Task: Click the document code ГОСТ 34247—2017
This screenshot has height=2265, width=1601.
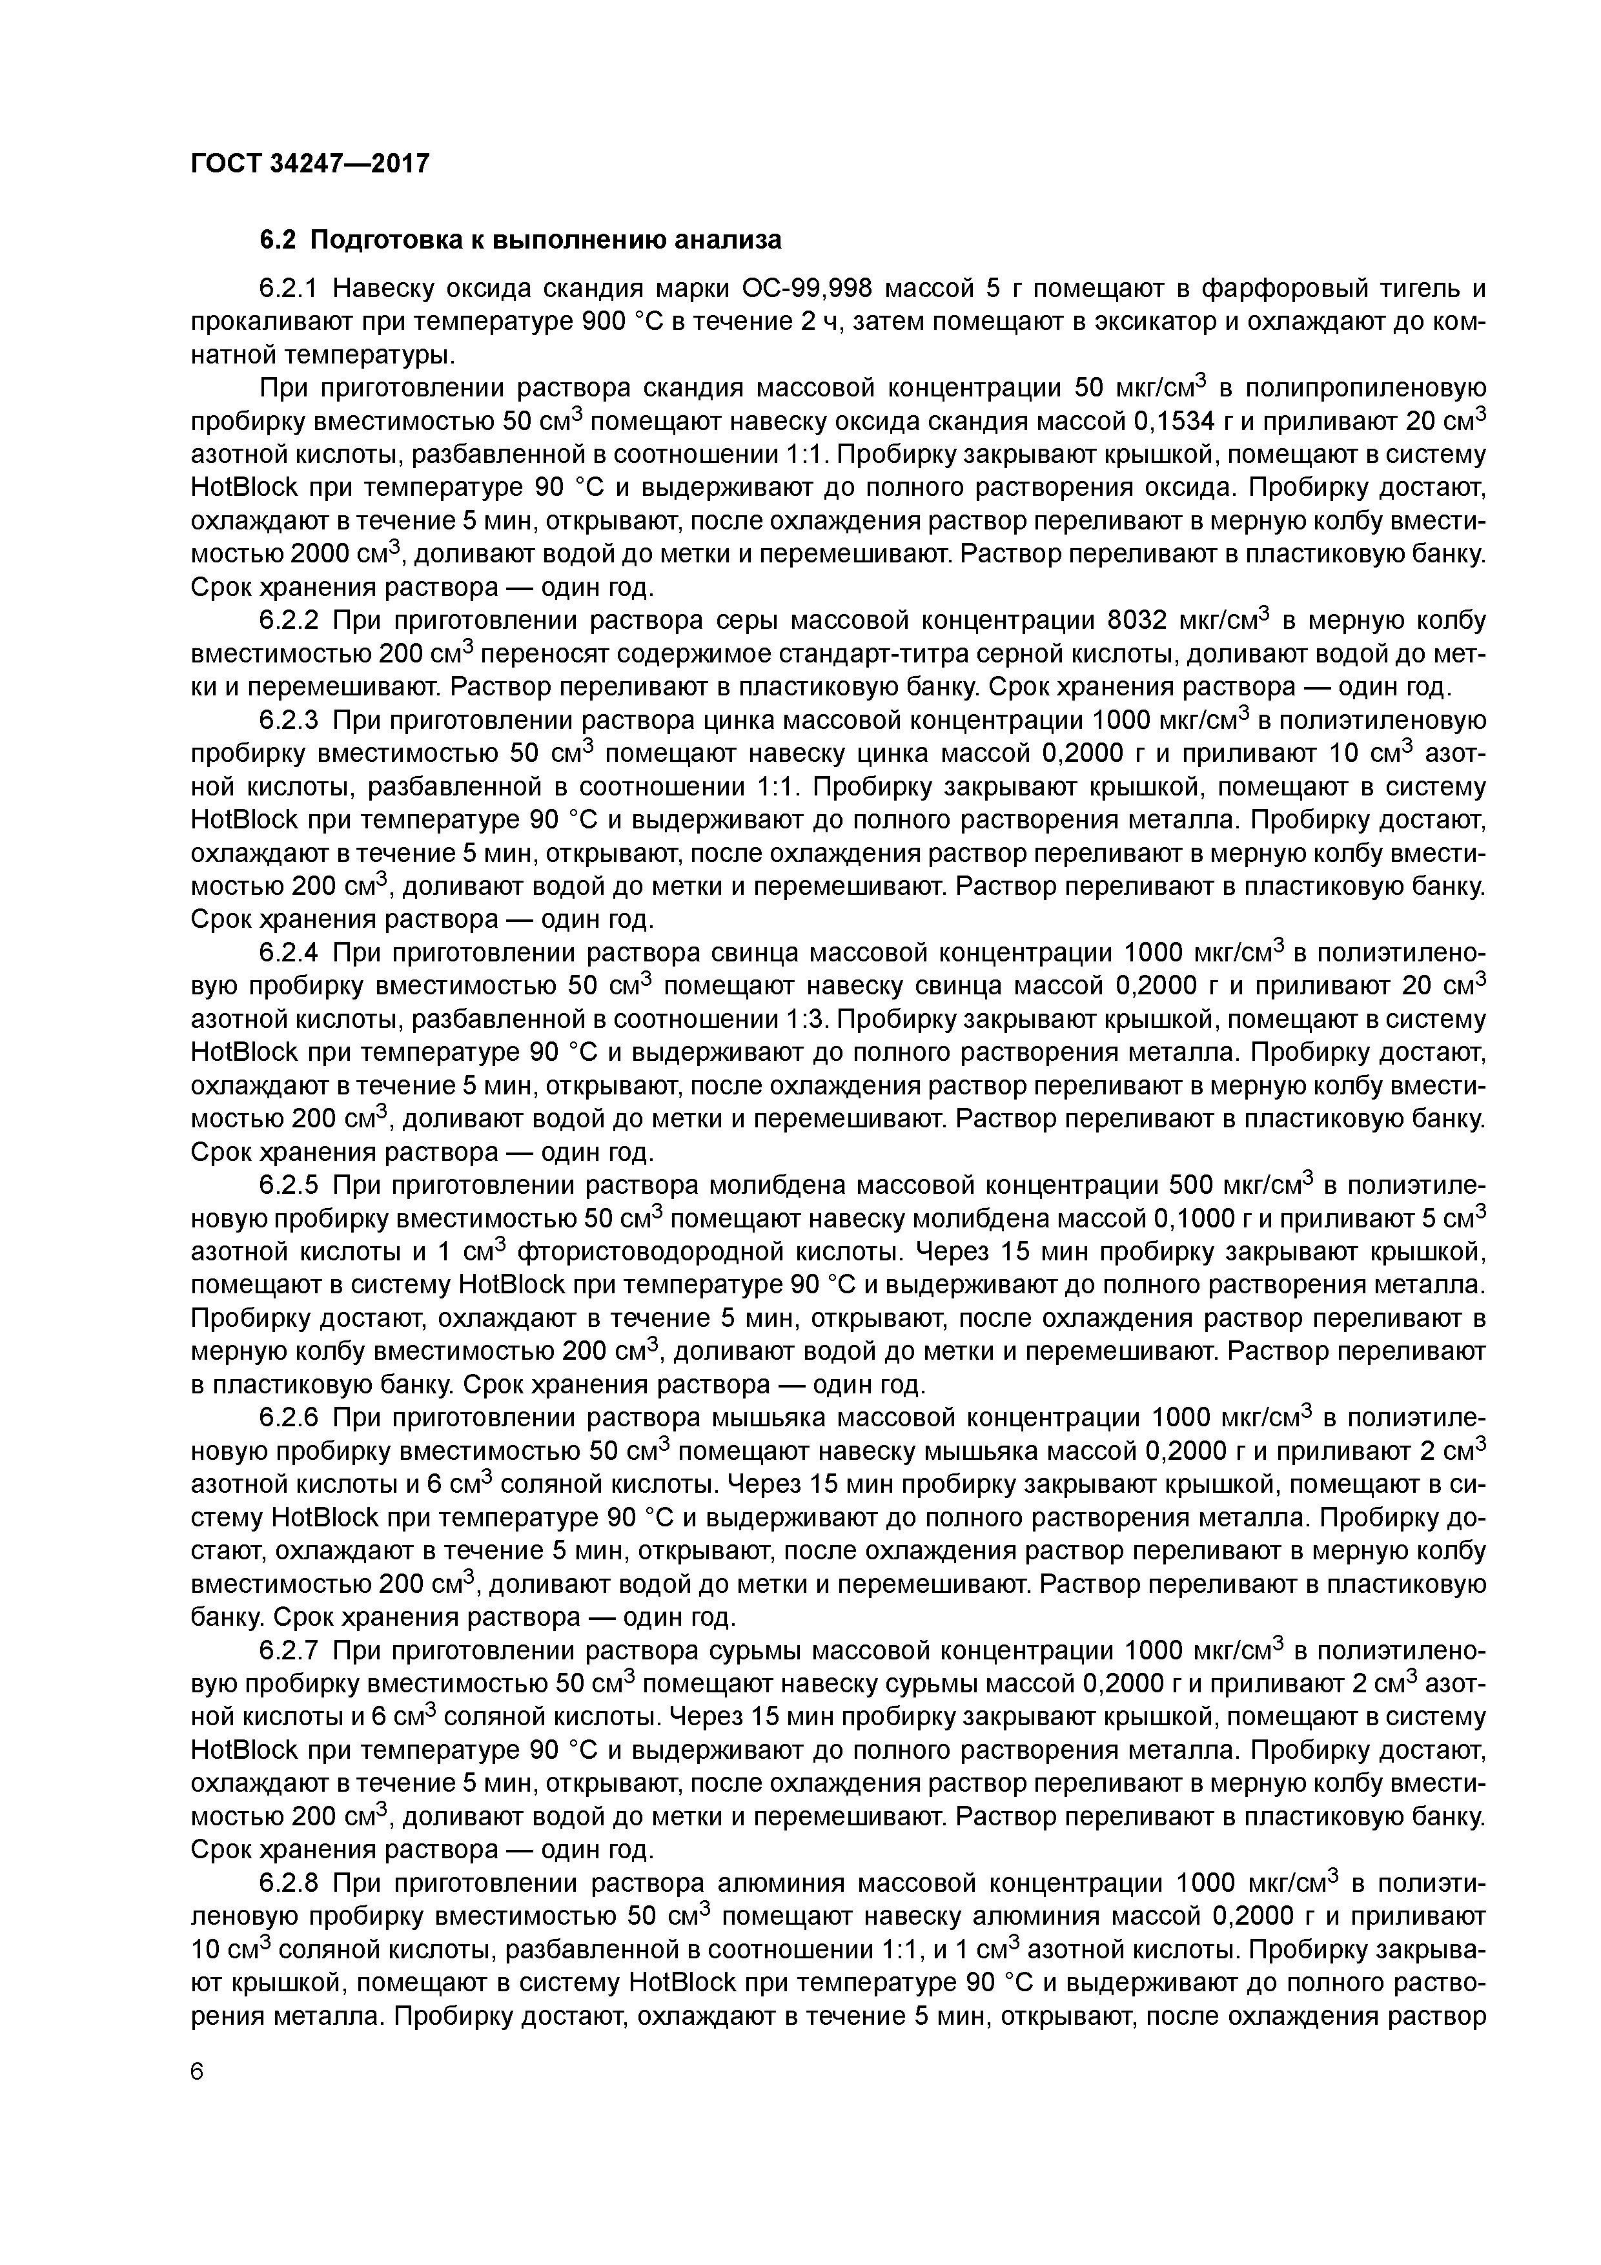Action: pyautogui.click(x=310, y=163)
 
